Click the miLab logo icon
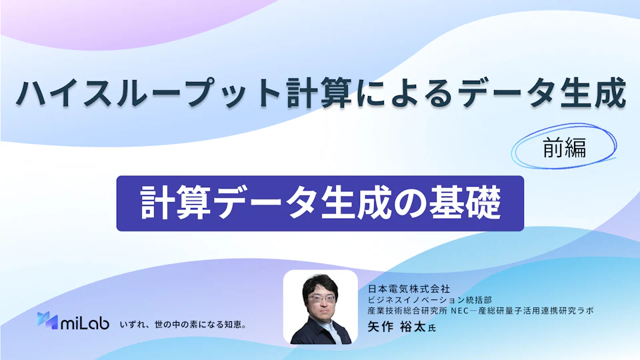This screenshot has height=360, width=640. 47,321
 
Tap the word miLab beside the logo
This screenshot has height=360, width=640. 85,323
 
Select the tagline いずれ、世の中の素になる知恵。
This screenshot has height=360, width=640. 183,325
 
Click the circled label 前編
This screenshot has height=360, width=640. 565,148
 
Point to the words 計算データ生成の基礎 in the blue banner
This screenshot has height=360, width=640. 321,203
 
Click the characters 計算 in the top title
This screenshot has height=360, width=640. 319,93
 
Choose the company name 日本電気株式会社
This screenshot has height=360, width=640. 409,289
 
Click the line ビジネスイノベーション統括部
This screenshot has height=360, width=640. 430,300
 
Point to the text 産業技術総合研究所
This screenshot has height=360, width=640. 407,311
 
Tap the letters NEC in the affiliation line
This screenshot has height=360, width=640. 459,311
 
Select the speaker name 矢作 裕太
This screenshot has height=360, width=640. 397,327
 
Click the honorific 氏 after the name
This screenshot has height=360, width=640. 432,328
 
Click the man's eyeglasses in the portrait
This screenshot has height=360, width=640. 321,299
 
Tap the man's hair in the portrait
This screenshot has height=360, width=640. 321,284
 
